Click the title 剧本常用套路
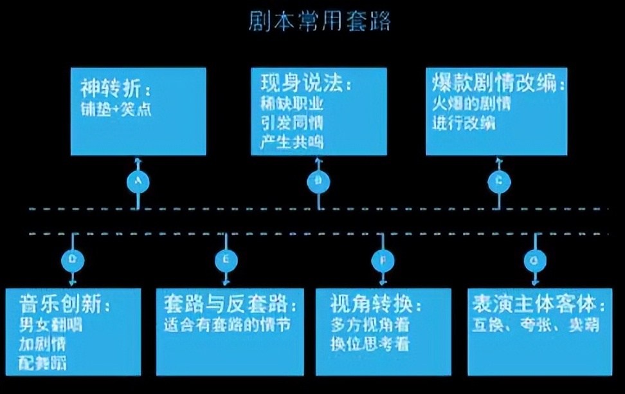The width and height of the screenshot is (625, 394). [320, 22]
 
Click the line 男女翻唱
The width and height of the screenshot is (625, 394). [51, 324]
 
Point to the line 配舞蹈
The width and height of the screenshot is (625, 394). [43, 362]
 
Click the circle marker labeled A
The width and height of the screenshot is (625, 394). [137, 182]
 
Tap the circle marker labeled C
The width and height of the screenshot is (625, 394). [499, 182]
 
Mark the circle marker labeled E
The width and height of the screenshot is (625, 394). [224, 259]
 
